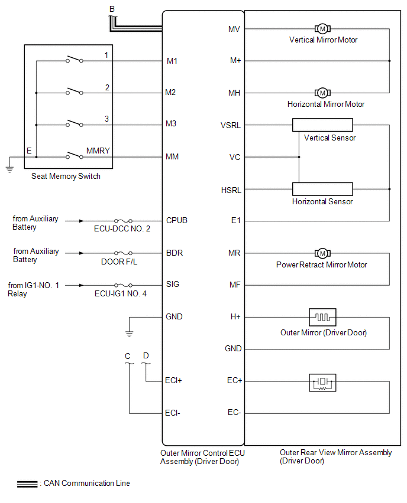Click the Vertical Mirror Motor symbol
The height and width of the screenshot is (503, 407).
tap(322, 28)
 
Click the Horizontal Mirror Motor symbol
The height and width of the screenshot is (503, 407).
tap(322, 93)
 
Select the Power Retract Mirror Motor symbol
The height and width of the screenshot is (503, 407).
tap(322, 253)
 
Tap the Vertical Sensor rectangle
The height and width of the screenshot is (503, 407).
tap(322, 125)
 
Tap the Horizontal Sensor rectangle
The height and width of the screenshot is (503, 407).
tap(322, 189)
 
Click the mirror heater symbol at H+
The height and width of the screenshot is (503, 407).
tap(322, 317)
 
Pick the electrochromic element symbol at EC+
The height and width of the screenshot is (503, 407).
tap(322, 382)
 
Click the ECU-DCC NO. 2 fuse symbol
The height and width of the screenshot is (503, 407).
tap(122, 221)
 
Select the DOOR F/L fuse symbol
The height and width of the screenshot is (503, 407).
tap(122, 253)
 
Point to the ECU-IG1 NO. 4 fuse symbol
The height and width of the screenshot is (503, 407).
tap(122, 285)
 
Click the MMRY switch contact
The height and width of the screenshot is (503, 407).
tap(74, 156)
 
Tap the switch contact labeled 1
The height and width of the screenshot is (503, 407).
tap(74, 60)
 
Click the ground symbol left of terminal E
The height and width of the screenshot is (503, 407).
tap(9, 168)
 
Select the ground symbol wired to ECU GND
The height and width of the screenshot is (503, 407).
tap(129, 334)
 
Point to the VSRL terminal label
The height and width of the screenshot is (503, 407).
tap(231, 126)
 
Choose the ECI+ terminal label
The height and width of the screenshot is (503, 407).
tap(173, 381)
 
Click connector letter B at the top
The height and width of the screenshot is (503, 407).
tap(112, 8)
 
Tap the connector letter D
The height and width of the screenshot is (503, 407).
tap(146, 355)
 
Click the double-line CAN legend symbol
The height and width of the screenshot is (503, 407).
tap(28, 484)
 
